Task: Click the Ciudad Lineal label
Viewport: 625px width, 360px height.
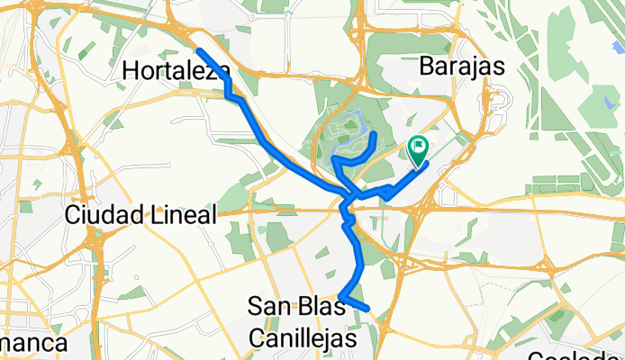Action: [x=141, y=215]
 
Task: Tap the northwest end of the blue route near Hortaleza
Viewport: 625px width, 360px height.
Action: [x=198, y=49]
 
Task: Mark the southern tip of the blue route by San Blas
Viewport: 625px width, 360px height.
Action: [x=367, y=309]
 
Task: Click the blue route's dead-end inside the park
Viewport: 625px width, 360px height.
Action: [x=374, y=134]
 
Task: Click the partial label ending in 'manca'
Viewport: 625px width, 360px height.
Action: [x=33, y=344]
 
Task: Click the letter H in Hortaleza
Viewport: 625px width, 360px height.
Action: [x=130, y=70]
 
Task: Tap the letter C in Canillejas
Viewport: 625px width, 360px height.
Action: [x=255, y=337]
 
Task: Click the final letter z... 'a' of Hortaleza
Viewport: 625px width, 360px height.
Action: [x=222, y=71]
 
